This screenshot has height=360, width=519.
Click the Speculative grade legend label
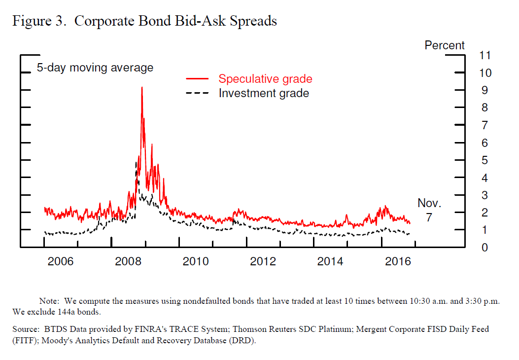click(265, 79)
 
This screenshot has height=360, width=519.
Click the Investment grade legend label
click(264, 93)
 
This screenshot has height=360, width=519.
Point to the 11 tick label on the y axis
click(485, 55)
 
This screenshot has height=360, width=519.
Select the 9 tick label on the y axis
click(485, 90)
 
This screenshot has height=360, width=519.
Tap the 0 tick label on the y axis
click(485, 248)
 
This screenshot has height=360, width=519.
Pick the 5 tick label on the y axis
click(485, 160)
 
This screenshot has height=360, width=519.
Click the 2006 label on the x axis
click(61, 261)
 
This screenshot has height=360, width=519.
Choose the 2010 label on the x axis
click(196, 261)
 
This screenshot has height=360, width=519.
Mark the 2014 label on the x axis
click(330, 261)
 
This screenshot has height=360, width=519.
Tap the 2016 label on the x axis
click(398, 261)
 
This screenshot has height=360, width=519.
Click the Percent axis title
click(445, 45)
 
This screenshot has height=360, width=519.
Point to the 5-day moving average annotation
click(95, 68)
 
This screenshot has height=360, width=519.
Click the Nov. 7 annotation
click(429, 210)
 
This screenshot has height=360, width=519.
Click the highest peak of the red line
click(142, 87)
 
